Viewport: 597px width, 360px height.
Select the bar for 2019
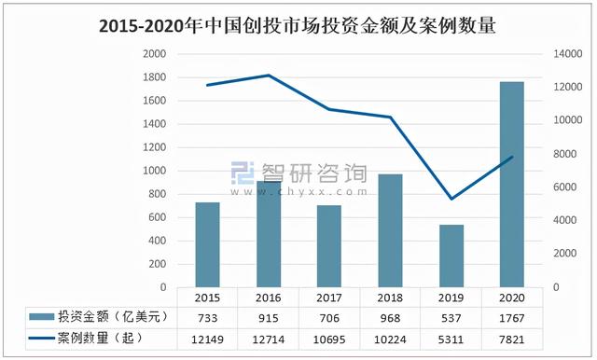point(451,256)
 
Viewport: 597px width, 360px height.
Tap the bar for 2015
point(208,244)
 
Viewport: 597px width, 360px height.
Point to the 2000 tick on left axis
point(153,54)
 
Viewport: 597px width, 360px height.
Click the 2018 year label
point(391,297)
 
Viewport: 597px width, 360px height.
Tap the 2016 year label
point(269,297)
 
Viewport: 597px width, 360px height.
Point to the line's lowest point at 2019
point(451,199)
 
